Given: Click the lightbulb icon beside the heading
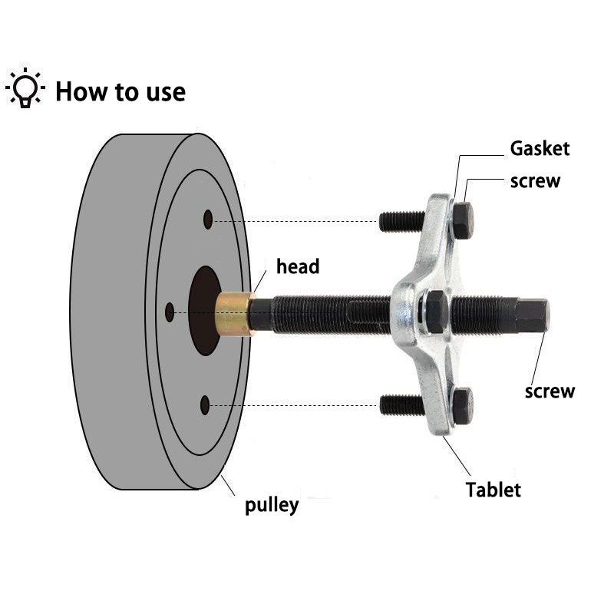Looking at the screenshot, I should point(26,89).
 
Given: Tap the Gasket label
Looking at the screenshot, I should point(540,148).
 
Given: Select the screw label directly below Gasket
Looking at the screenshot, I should point(535,181).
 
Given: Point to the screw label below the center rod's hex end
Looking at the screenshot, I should point(550,391).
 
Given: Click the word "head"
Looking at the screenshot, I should point(298,267).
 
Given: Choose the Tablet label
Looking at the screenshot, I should point(494,489).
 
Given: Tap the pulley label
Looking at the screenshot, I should point(272,505).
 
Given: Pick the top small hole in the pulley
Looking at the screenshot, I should point(208,220).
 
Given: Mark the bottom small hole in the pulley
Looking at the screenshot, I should point(205,404).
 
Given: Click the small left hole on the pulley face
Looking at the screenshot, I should point(170,312).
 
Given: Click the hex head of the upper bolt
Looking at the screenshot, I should point(463,220).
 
